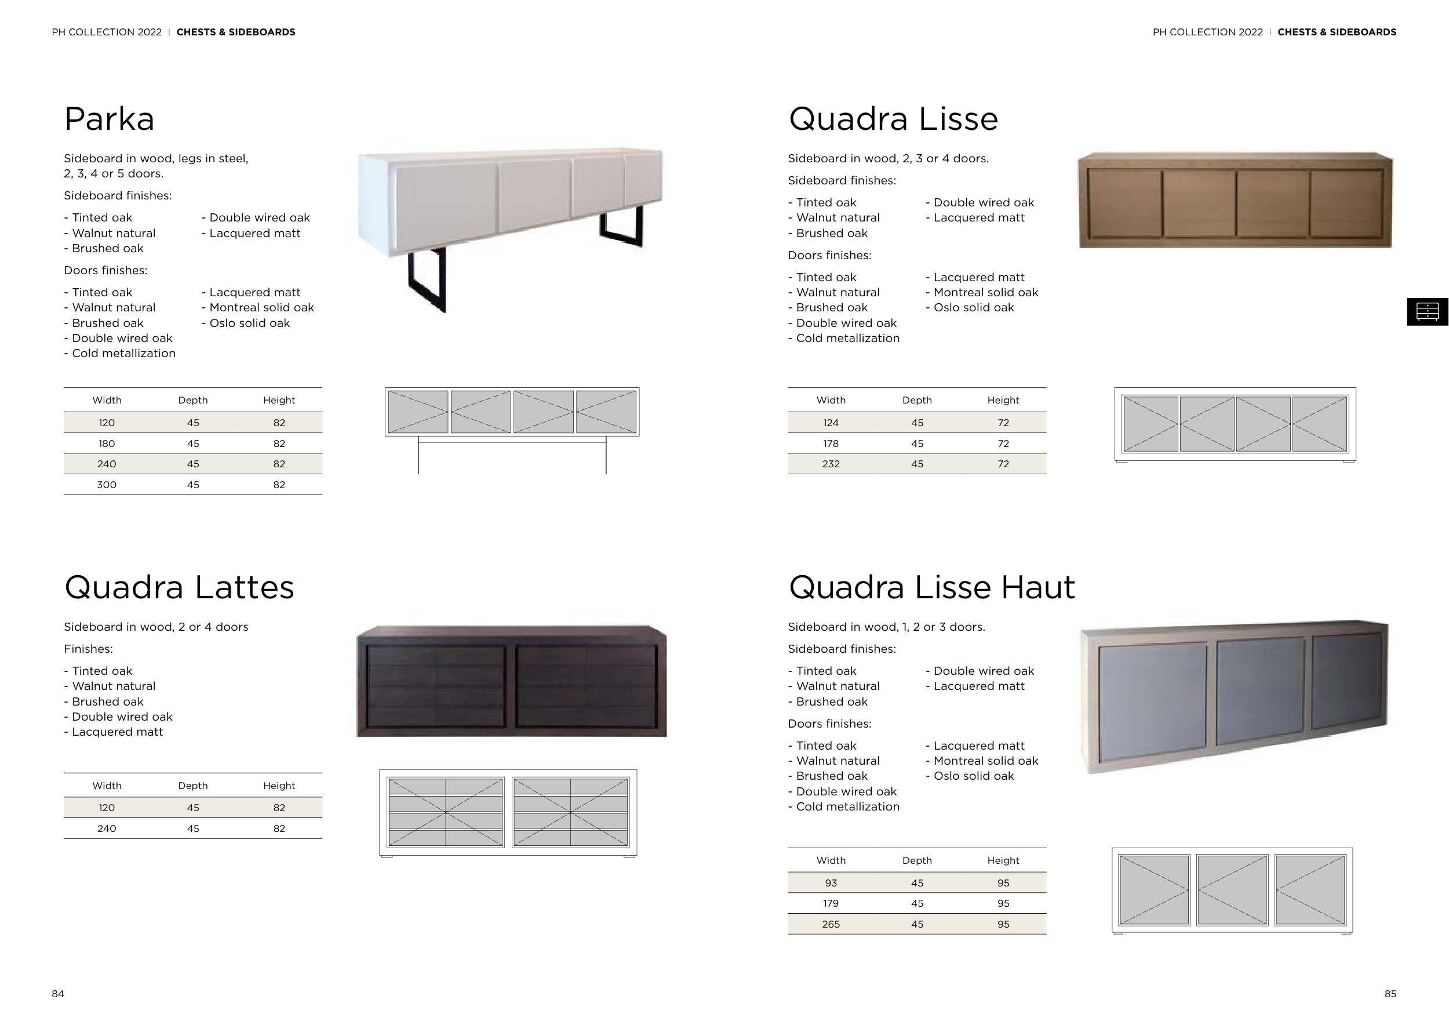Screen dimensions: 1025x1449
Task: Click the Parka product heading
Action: coord(109,119)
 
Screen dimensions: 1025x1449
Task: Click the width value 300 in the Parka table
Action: coord(107,485)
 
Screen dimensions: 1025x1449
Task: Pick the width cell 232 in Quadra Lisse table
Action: coord(831,464)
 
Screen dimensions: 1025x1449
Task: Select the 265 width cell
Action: coord(831,924)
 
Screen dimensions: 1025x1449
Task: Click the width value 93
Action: coord(831,883)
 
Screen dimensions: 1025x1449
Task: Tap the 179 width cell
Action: coord(831,903)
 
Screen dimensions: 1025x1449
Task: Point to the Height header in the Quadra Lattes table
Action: coord(279,786)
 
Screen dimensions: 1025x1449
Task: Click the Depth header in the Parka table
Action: coord(192,400)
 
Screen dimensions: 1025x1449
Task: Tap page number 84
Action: coord(58,994)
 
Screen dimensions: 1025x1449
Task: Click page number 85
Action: coord(1390,994)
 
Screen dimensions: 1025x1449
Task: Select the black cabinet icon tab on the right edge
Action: coord(1428,311)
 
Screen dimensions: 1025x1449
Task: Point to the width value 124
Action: coord(831,423)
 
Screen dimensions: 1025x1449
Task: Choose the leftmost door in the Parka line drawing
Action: coord(418,412)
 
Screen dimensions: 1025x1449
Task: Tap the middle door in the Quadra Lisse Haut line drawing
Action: coord(1232,890)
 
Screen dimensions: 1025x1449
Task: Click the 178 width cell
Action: coord(831,444)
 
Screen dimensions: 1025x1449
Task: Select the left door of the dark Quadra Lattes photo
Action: coord(435,685)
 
